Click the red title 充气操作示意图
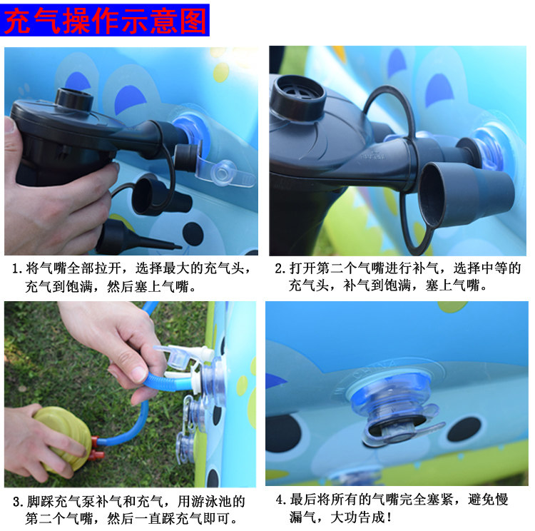click(105, 21)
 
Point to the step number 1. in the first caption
click(17, 269)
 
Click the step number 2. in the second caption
click(280, 269)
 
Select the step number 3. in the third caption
click(19, 502)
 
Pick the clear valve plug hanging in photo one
click(225, 173)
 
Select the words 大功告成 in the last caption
click(357, 517)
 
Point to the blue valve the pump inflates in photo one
click(191, 131)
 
